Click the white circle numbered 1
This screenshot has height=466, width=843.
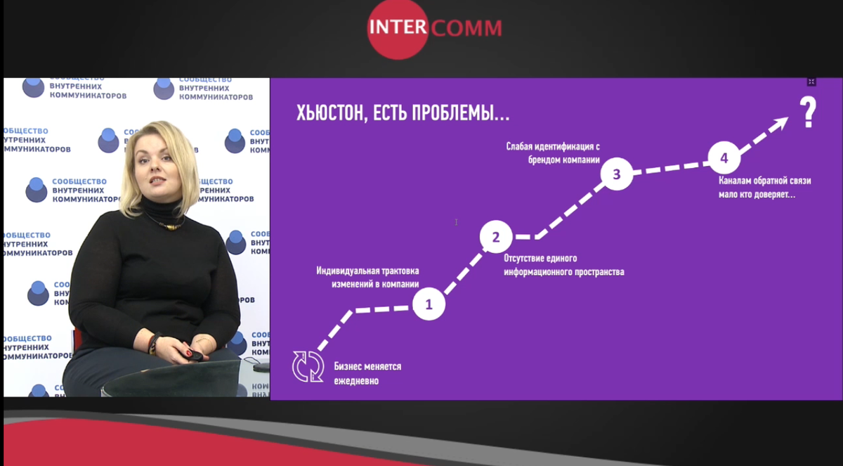coord(429,304)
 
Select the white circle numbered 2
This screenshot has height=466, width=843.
coord(496,237)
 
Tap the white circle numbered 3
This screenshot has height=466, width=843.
coord(617,174)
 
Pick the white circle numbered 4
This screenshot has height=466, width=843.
coord(724,158)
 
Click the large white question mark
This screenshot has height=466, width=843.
coord(808,112)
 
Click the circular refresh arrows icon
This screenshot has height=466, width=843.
coord(308,367)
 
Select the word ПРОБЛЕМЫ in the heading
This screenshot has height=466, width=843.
coord(461,112)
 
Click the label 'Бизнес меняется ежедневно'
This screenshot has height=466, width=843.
coord(367,373)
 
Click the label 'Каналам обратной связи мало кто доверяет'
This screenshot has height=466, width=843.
coord(765,188)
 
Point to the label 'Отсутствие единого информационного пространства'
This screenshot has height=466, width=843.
coord(563,265)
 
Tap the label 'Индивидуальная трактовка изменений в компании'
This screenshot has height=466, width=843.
coord(367,278)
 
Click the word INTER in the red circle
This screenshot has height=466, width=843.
coord(398,27)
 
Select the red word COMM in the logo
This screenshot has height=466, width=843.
coord(466,28)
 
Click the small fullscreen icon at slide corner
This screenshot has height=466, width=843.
coord(811,82)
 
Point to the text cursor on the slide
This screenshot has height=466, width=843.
coord(456,222)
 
